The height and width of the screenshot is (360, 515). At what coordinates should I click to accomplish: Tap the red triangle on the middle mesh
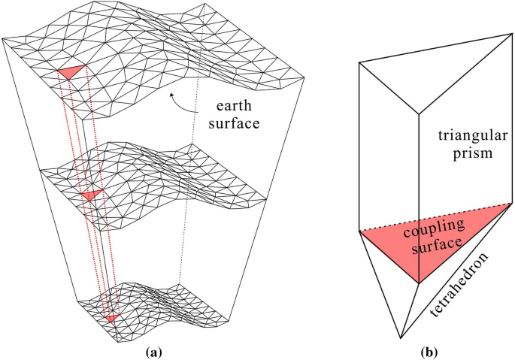90,195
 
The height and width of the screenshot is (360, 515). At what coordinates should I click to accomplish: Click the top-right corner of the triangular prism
499,35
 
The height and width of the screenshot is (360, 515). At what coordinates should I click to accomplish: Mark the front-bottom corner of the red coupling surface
418,283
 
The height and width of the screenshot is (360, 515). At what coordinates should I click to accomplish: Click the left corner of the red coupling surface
361,231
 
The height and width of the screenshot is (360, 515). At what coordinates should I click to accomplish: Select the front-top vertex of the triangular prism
417,115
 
